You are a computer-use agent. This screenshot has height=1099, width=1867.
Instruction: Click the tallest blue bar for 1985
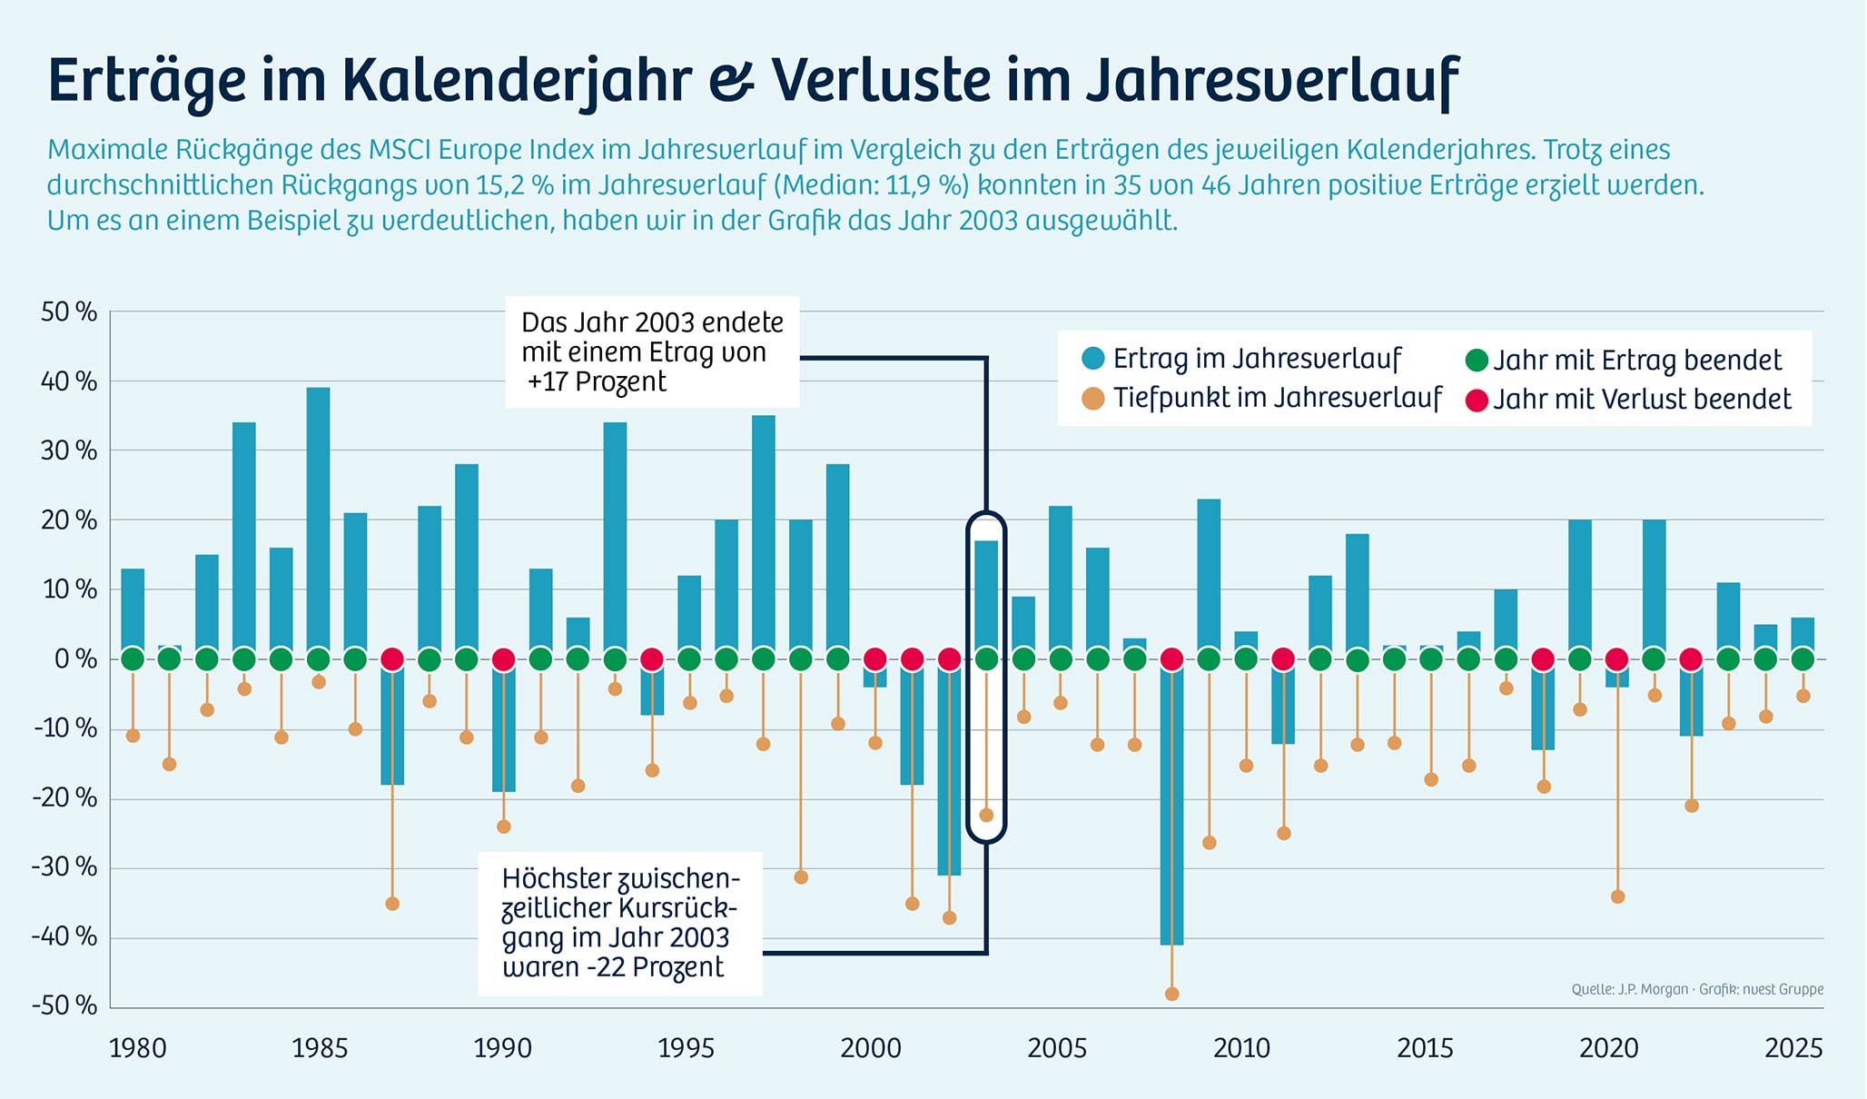(318, 518)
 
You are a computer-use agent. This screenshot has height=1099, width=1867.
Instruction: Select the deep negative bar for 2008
(1171, 808)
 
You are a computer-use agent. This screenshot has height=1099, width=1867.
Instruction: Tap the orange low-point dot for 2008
(1171, 994)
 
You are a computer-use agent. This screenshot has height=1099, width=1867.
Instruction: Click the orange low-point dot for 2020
(1617, 896)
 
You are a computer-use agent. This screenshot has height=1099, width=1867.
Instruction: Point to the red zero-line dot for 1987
(392, 658)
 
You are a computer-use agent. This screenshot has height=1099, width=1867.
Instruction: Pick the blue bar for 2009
(1209, 577)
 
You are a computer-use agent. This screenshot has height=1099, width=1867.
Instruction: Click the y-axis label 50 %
(69, 312)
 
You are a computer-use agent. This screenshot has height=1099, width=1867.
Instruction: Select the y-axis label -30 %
(64, 866)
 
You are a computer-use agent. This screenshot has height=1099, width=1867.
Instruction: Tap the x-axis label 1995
(686, 1048)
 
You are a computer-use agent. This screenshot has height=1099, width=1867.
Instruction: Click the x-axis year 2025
(1793, 1048)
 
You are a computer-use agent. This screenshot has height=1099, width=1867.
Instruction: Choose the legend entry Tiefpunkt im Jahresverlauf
(1277, 398)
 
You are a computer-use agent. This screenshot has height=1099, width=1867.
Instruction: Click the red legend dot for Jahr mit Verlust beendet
(1477, 400)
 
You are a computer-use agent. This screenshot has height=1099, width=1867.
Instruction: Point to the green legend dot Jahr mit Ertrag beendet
(1477, 361)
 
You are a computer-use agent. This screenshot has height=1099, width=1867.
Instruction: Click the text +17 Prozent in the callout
(597, 381)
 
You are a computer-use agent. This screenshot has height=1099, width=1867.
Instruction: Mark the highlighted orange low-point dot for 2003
(986, 815)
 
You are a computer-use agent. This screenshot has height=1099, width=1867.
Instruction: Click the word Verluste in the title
(881, 80)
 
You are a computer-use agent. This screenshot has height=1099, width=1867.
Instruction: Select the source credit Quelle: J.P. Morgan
(1630, 989)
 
